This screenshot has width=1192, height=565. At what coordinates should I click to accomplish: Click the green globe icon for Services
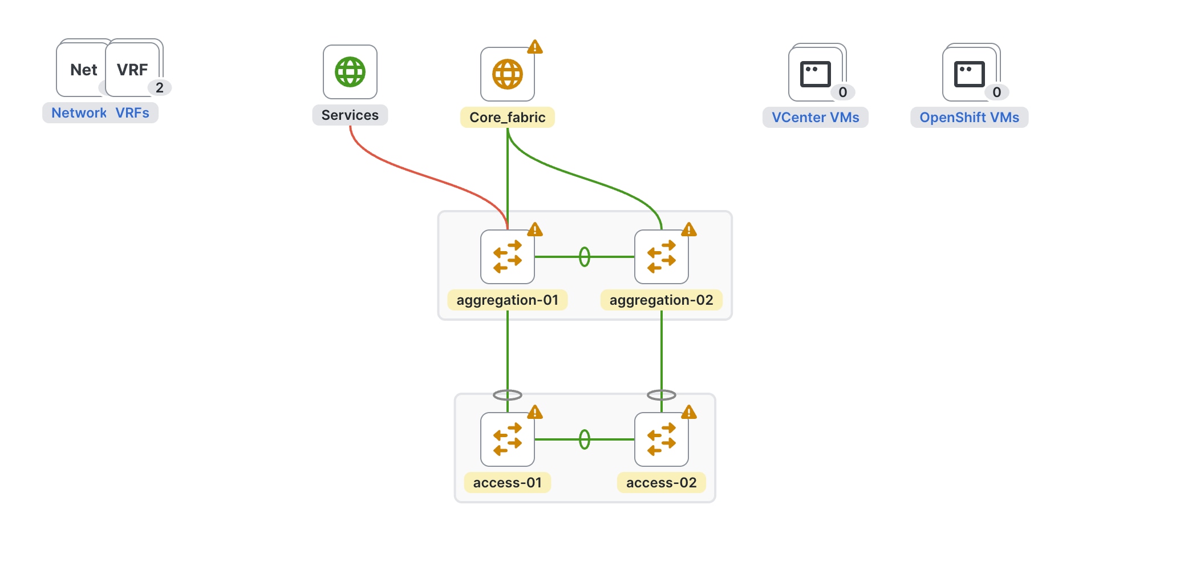tap(350, 72)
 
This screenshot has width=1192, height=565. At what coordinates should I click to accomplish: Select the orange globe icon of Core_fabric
tap(507, 74)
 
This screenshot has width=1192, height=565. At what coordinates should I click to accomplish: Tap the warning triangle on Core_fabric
tap(534, 47)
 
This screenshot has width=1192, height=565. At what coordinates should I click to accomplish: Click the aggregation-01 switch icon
tap(507, 257)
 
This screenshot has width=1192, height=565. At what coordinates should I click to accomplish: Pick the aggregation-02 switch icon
tap(661, 257)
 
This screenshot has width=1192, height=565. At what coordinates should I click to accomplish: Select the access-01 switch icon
tap(507, 439)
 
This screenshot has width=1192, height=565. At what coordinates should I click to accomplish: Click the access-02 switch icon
tap(661, 439)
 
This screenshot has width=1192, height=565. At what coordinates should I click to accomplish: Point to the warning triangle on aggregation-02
tap(688, 229)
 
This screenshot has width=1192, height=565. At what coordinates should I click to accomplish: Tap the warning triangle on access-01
tap(534, 412)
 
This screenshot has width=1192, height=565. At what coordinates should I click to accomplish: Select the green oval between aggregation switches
tap(584, 257)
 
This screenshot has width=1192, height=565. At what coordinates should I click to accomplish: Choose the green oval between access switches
tap(584, 439)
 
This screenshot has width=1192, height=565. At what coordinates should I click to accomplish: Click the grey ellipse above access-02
tap(661, 395)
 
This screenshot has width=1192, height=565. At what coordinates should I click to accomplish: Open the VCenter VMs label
tap(815, 118)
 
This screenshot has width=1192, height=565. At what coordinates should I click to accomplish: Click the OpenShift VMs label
tap(969, 118)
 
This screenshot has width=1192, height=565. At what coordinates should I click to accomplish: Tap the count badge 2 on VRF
tap(160, 87)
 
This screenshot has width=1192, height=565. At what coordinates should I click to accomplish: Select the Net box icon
tap(83, 70)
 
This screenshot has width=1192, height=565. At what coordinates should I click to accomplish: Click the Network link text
tap(79, 113)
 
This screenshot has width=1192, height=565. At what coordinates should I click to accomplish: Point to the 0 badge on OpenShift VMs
tap(996, 92)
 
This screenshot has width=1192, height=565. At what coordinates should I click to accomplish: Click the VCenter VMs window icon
tap(815, 74)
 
